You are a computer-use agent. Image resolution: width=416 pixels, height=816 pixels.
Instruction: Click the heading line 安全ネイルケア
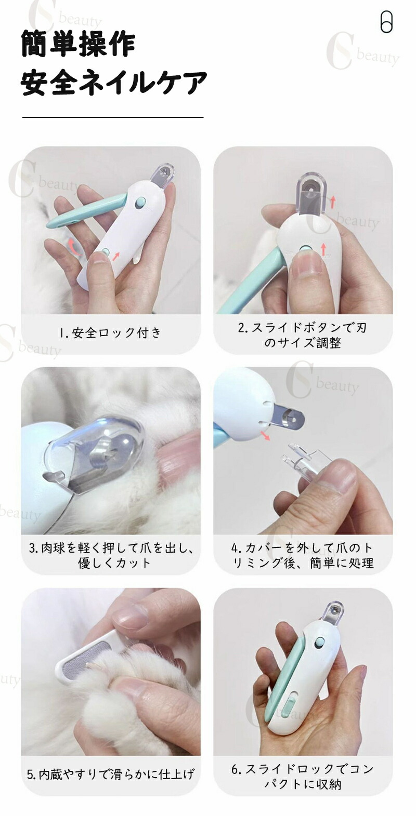coord(114,83)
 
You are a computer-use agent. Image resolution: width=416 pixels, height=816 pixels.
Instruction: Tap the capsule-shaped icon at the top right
coord(386,22)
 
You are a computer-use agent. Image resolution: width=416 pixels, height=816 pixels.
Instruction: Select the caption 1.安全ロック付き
coord(110,332)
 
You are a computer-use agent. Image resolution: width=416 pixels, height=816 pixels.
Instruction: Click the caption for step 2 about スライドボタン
coord(302,335)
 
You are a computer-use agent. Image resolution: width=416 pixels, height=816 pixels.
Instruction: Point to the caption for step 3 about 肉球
coord(111,555)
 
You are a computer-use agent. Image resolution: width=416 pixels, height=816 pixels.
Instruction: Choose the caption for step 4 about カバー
coord(303,555)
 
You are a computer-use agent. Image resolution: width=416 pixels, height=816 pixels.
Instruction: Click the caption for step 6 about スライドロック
coord(303,775)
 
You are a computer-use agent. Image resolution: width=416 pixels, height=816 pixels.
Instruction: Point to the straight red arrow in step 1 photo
coord(116,256)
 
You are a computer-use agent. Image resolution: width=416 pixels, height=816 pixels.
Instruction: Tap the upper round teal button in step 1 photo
coord(139,203)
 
